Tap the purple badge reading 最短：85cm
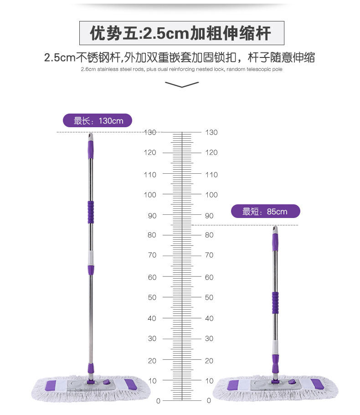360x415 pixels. click(x=265, y=212)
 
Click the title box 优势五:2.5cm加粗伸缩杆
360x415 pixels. click(x=181, y=33)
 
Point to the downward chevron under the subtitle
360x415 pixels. click(x=182, y=84)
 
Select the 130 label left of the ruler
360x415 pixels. click(x=150, y=132)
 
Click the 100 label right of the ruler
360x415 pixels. click(x=211, y=195)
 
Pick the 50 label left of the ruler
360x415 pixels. click(x=152, y=297)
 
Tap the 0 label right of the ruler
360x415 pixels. click(x=209, y=401)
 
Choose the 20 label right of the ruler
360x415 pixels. click(x=209, y=361)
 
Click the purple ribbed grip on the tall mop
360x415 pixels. click(x=91, y=212)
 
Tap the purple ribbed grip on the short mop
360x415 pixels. click(x=275, y=303)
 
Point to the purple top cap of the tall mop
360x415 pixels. click(x=90, y=147)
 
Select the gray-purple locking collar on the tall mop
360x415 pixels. click(x=91, y=261)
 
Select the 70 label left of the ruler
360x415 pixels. click(x=152, y=255)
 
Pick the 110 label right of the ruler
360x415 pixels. click(x=211, y=175)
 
